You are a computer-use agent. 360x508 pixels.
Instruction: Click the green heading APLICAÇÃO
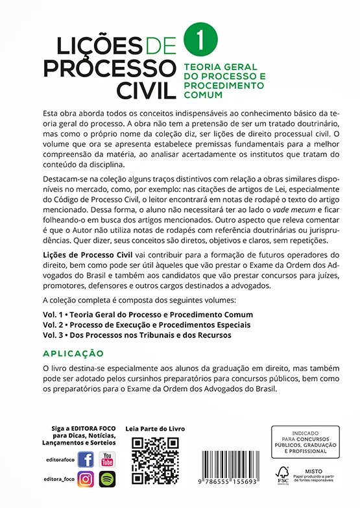tap(73, 353)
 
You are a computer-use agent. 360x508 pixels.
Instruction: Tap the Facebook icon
tap(86, 459)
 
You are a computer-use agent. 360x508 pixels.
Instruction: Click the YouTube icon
tap(107, 459)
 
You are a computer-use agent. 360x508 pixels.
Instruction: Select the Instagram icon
tap(86, 479)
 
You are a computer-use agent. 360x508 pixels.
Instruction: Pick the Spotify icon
tap(107, 479)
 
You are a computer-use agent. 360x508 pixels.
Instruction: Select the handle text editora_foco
tap(58, 479)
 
